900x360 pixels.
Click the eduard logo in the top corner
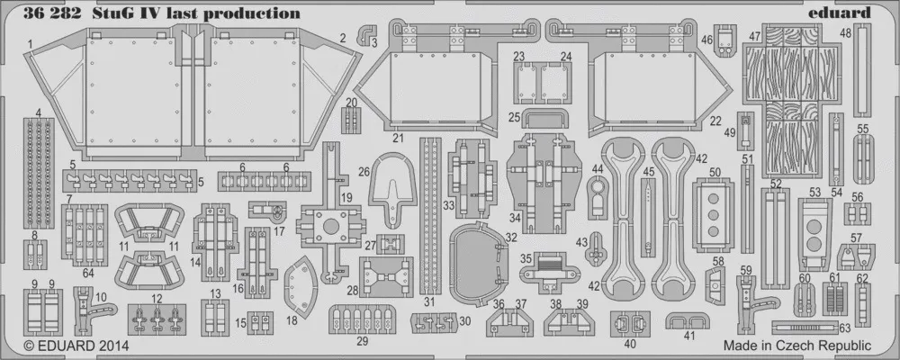tap(845, 13)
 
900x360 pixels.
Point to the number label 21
tap(397, 139)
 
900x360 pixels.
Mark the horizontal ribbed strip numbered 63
tap(810, 324)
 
